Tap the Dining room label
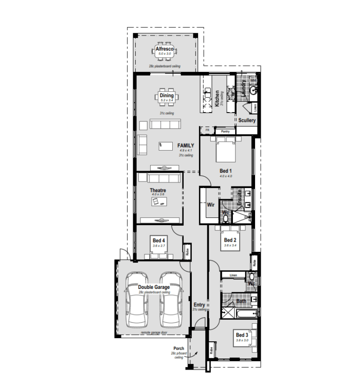pyautogui.click(x=166, y=95)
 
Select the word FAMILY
pyautogui.click(x=186, y=145)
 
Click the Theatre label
pyautogui.click(x=158, y=190)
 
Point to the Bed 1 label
pyautogui.click(x=226, y=171)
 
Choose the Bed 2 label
pyautogui.click(x=230, y=240)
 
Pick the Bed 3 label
pyautogui.click(x=242, y=335)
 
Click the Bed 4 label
pyautogui.click(x=158, y=240)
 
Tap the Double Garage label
pyautogui.click(x=154, y=287)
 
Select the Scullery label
pyautogui.click(x=247, y=120)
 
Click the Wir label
pyautogui.click(x=210, y=205)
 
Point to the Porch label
pyautogui.click(x=178, y=348)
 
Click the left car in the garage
pyautogui.click(x=138, y=303)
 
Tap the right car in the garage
pyautogui.click(x=170, y=303)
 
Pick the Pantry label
pyautogui.click(x=225, y=132)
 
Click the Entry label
pyautogui.click(x=199, y=304)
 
